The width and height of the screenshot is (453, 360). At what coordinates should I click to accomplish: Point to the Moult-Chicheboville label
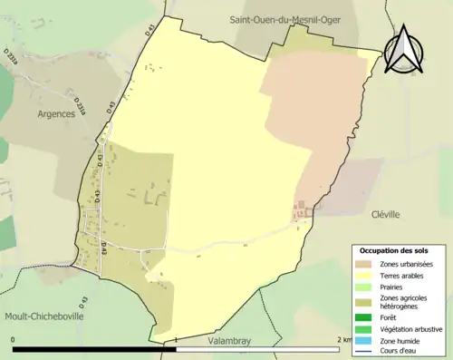[43, 317]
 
